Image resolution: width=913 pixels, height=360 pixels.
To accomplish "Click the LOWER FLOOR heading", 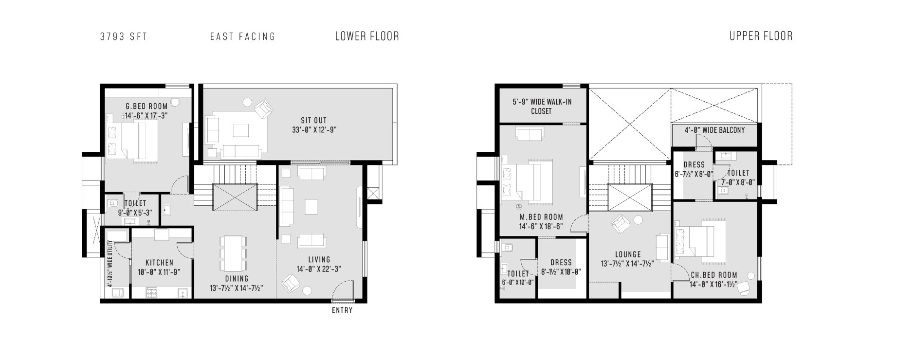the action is (x=367, y=36).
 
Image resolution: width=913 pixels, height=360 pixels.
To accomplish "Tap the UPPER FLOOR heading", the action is (x=761, y=36).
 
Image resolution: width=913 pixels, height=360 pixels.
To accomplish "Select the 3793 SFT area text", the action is (x=124, y=36).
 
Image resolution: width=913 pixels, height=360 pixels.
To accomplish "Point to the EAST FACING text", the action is (x=243, y=36).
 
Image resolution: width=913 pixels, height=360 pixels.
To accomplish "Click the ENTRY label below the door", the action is (x=342, y=310).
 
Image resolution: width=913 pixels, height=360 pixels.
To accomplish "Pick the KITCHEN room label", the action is (x=160, y=263).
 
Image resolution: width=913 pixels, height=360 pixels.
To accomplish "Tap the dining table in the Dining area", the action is (x=234, y=253).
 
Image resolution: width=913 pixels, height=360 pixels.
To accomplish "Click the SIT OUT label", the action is (x=314, y=120).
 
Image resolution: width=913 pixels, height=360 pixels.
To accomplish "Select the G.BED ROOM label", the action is (x=146, y=106).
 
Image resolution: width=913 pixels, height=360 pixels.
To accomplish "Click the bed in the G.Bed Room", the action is (x=132, y=140).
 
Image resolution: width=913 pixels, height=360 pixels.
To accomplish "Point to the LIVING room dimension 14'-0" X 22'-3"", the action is (x=319, y=269).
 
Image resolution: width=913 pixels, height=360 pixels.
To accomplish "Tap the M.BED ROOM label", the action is (x=541, y=217).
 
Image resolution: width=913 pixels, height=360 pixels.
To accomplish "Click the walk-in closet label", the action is (x=542, y=107).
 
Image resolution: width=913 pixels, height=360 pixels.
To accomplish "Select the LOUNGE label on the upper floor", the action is (x=628, y=254).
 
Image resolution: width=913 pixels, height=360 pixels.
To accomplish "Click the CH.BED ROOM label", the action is (x=714, y=275).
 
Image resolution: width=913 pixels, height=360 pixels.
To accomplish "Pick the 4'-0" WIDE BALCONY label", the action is (x=714, y=130).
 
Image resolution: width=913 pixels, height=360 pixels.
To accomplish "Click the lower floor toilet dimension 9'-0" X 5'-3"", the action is (x=135, y=213).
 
